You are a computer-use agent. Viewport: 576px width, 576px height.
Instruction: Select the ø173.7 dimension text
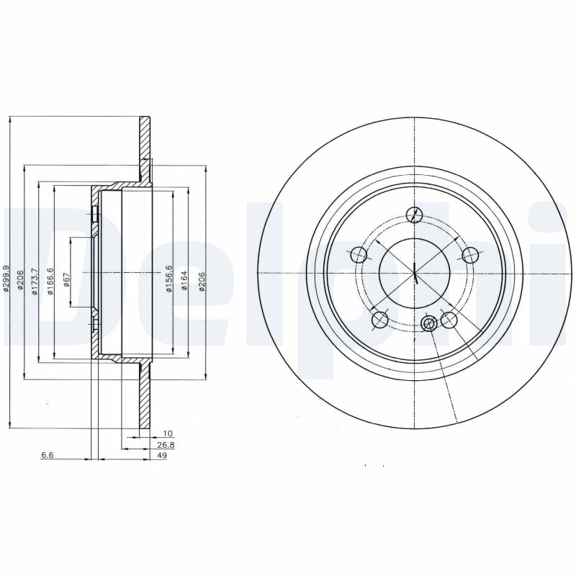[x=35, y=282]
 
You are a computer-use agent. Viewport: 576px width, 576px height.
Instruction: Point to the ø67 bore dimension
[x=66, y=280]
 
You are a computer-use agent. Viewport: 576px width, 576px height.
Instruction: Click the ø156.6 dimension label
[x=168, y=277]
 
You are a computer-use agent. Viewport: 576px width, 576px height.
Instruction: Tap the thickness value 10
[x=168, y=434]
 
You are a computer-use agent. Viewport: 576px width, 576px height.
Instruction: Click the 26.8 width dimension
[x=166, y=445]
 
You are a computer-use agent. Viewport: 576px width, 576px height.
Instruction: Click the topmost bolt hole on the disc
[x=414, y=215]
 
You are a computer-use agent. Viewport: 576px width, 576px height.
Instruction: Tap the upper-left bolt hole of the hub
[x=358, y=255]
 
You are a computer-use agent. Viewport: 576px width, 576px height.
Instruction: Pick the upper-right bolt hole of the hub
[x=470, y=255]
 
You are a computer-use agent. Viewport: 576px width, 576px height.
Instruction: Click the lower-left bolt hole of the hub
[x=379, y=320]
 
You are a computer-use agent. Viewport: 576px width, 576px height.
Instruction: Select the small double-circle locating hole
[x=429, y=323]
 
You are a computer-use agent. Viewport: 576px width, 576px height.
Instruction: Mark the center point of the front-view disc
[x=415, y=274]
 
